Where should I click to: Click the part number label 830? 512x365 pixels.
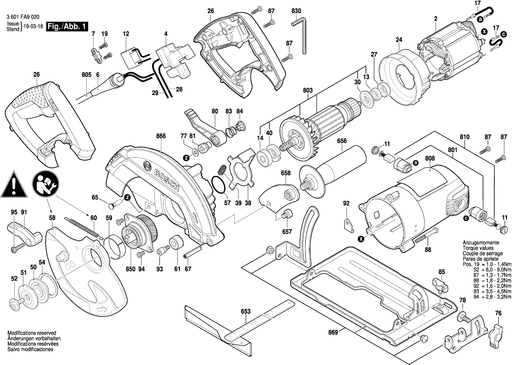296,10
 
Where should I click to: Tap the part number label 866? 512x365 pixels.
160,136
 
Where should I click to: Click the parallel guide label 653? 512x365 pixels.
246,312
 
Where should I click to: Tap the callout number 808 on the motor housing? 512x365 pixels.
429,159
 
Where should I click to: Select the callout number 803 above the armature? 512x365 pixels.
307,91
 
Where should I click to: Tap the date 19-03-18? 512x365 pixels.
33,27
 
